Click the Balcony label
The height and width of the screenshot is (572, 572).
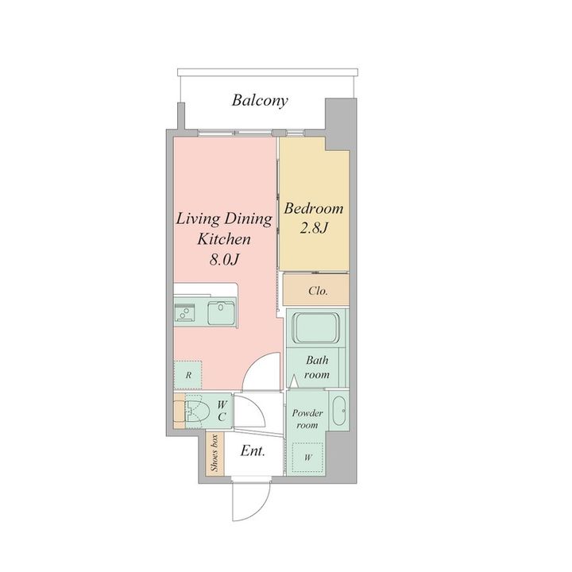pyautogui.click(x=260, y=100)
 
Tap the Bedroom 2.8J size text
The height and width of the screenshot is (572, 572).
pyautogui.click(x=314, y=228)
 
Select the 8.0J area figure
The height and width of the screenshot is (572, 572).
pyautogui.click(x=224, y=260)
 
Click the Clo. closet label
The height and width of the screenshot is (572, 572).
pyautogui.click(x=318, y=291)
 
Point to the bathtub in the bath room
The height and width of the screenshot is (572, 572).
pyautogui.click(x=316, y=327)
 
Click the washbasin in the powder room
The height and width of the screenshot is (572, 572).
pyautogui.click(x=339, y=411)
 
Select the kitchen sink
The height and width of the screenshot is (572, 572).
pyautogui.click(x=222, y=313)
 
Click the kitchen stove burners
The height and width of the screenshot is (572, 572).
pyautogui.click(x=184, y=313)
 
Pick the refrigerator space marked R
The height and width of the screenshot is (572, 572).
pyautogui.click(x=187, y=375)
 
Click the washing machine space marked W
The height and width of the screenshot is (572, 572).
pyautogui.click(x=308, y=457)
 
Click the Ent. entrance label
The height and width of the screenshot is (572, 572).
pyautogui.click(x=253, y=451)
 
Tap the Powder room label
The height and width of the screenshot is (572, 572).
pyautogui.click(x=307, y=419)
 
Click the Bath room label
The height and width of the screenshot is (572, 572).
pyautogui.click(x=317, y=367)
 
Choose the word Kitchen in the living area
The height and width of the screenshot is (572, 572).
pyautogui.click(x=224, y=239)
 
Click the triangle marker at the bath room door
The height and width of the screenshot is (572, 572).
pyautogui.click(x=294, y=381)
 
